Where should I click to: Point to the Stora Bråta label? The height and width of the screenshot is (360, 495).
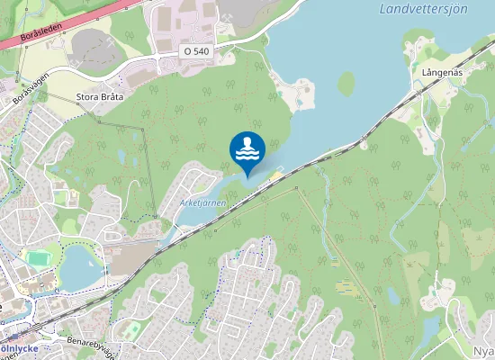click(99, 95)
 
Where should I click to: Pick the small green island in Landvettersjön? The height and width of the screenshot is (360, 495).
click(346, 84)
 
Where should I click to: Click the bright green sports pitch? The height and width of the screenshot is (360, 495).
click(37, 258)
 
